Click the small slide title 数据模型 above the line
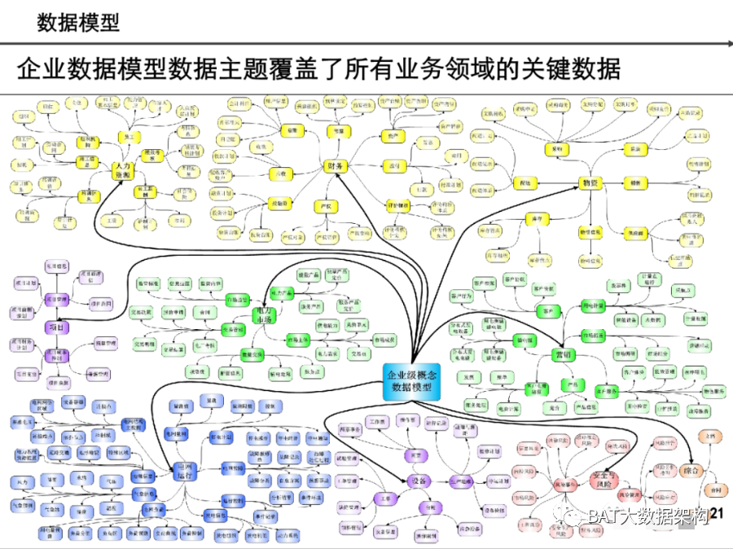click(78, 22)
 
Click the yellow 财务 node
click(336, 167)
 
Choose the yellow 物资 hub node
click(590, 183)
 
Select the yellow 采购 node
click(557, 150)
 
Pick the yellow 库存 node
click(535, 219)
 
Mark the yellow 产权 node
click(327, 206)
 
